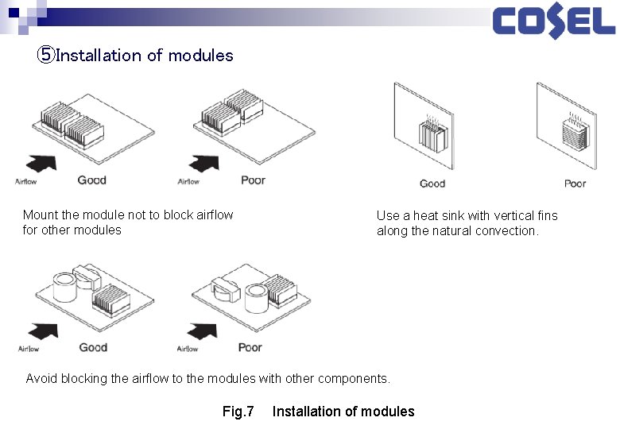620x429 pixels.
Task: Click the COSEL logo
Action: (553, 22)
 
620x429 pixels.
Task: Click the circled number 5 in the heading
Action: (46, 56)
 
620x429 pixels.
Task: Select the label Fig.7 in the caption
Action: (238, 411)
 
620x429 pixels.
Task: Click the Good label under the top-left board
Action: (92, 180)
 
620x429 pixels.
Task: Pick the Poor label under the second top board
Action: (254, 180)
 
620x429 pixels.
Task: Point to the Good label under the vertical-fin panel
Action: (432, 184)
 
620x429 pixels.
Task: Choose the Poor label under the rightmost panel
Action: (575, 184)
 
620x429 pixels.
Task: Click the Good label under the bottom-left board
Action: (93, 347)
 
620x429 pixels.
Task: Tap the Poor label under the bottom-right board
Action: (250, 347)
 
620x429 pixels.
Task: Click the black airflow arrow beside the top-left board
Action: (41, 162)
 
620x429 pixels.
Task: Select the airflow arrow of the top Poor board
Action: (205, 163)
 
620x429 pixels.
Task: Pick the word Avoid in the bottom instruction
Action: (41, 378)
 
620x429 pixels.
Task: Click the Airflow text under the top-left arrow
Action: (26, 182)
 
